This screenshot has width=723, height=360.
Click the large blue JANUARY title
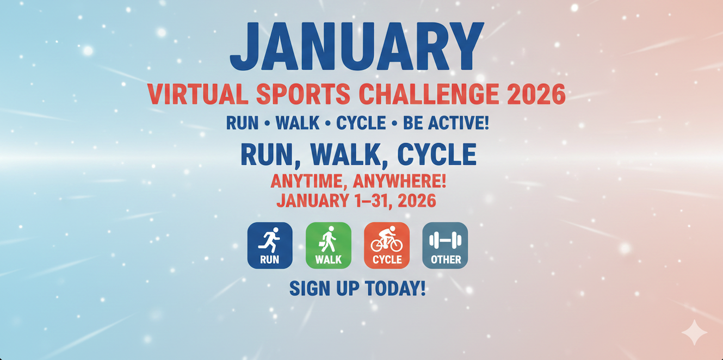pos(356,47)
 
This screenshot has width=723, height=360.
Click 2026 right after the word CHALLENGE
pos(535,95)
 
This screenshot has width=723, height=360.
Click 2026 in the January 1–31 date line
pos(417,201)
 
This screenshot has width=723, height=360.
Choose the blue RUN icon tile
pos(270,245)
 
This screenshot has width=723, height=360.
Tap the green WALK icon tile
pos(328,245)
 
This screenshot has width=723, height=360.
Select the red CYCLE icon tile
pos(386,245)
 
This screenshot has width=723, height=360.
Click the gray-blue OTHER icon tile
pos(445,245)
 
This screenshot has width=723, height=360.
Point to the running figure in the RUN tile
pos(270,239)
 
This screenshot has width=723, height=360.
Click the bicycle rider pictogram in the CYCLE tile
pos(386,239)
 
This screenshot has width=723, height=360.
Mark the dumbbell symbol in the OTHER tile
pos(445,240)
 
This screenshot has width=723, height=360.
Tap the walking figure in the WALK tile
pos(328,239)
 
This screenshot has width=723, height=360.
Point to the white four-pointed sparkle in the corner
pos(694,332)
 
